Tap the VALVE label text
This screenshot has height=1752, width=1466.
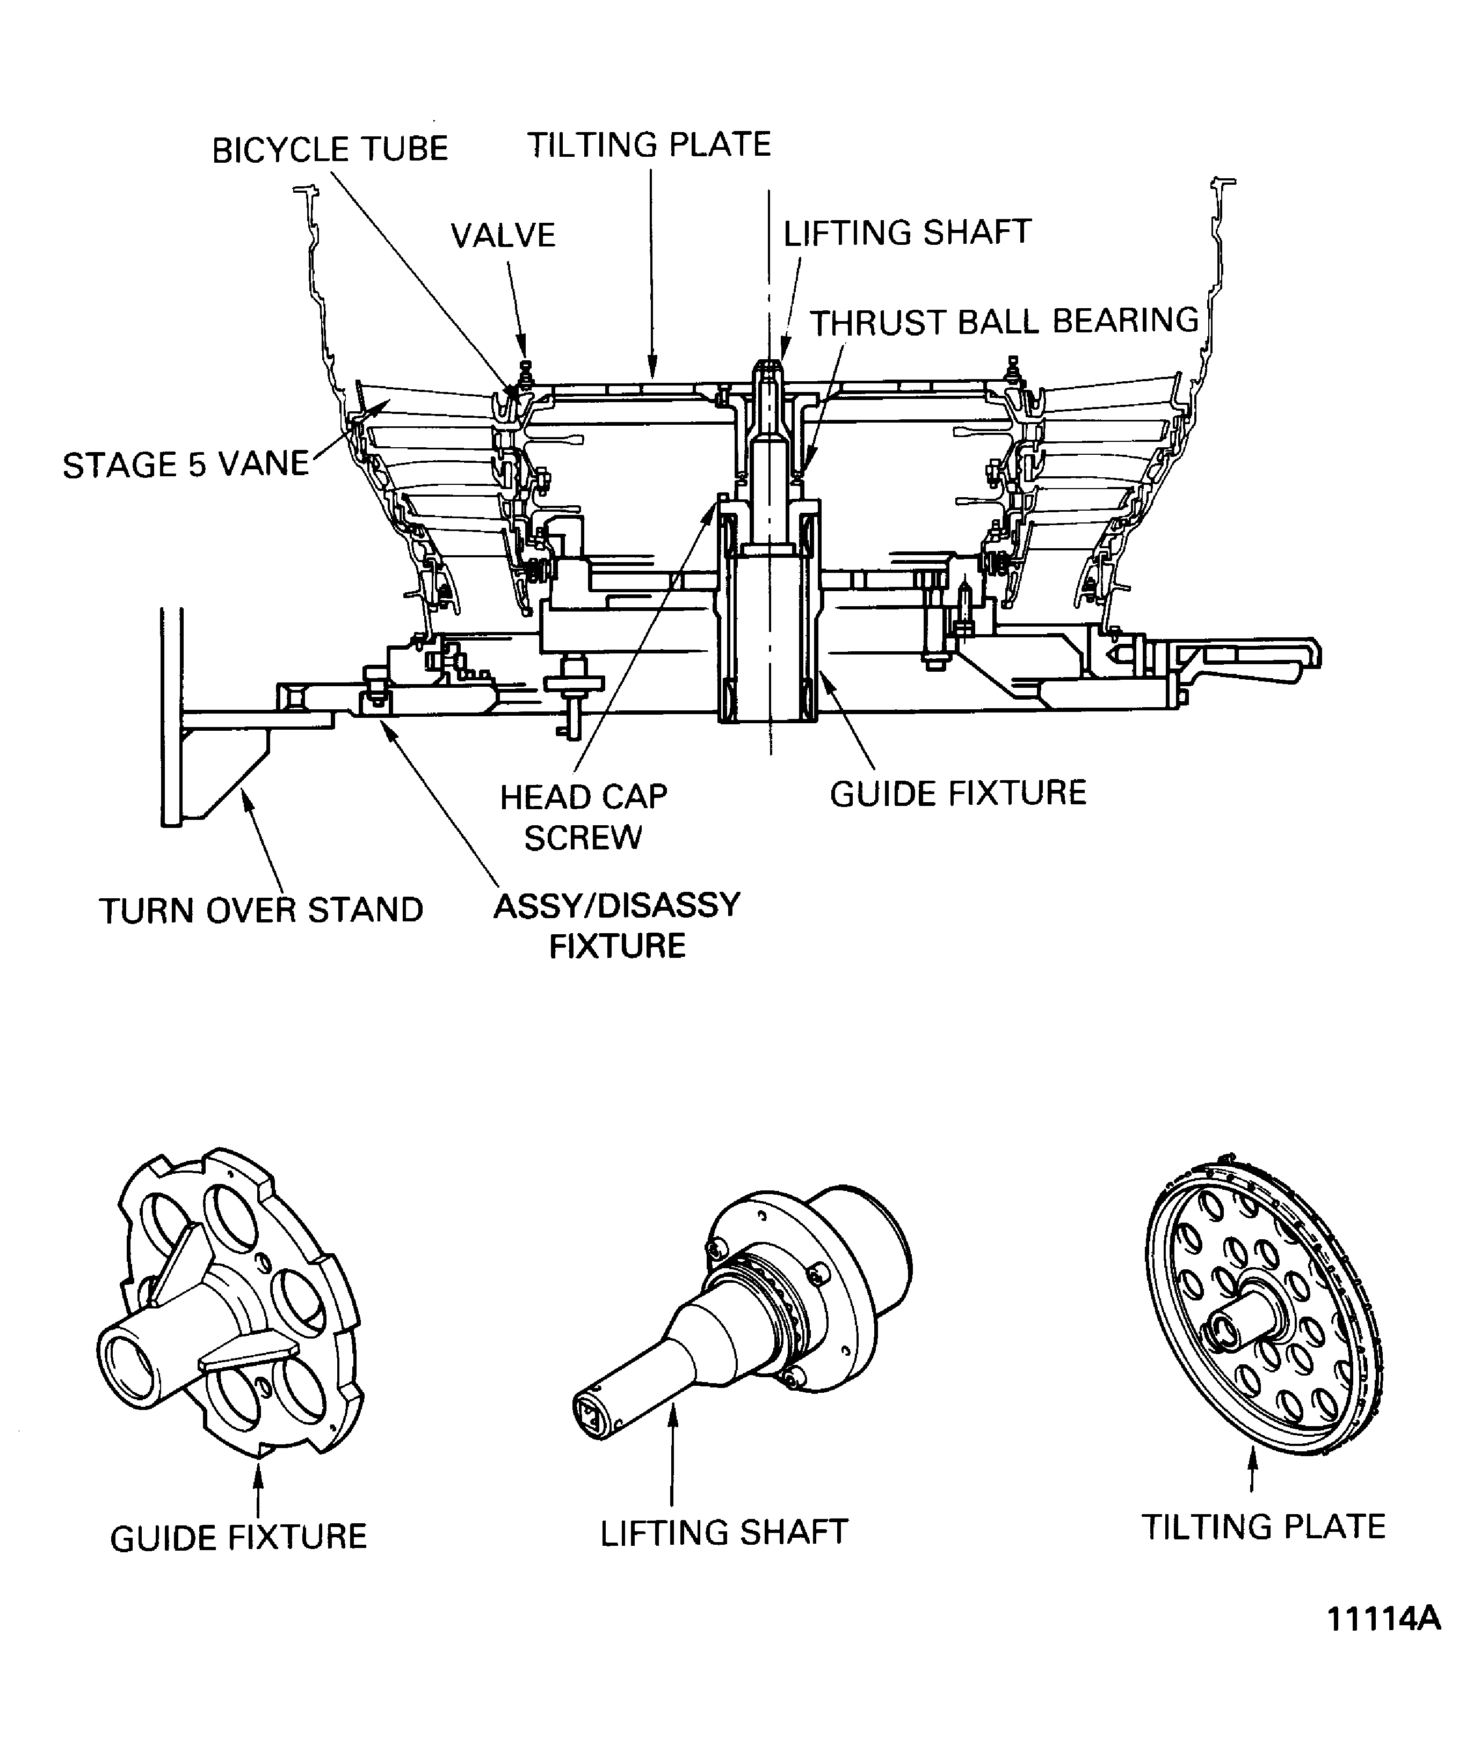tap(503, 236)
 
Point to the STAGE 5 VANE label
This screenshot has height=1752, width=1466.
tap(185, 464)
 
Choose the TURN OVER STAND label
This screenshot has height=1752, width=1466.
tap(261, 910)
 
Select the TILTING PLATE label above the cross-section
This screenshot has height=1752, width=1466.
tap(648, 145)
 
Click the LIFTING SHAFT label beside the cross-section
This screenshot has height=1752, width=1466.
tap(907, 233)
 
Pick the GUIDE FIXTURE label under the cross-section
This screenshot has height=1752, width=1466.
tap(958, 793)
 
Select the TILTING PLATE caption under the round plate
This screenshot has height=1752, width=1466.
tap(1263, 1526)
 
